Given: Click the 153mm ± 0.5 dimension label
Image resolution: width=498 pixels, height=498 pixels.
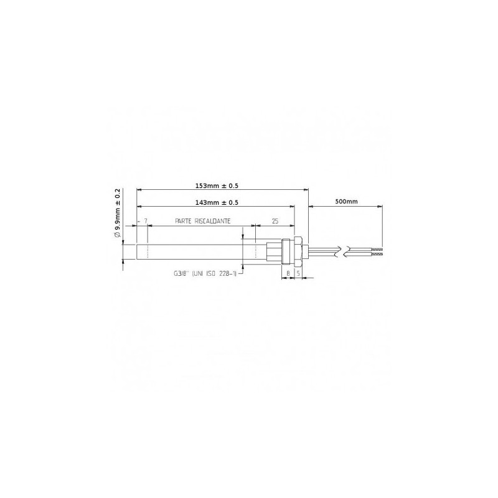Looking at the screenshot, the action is (x=217, y=186).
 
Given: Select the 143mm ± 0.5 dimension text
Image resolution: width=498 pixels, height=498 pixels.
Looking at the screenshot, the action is (x=217, y=203).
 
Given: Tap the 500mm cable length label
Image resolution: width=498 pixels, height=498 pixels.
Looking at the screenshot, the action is (x=346, y=201).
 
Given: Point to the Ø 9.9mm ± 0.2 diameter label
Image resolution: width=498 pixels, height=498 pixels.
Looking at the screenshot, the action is (x=117, y=213).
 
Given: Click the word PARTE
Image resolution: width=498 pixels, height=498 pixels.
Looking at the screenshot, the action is (x=183, y=221).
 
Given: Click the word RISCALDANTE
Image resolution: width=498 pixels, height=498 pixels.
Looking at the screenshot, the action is (x=212, y=221).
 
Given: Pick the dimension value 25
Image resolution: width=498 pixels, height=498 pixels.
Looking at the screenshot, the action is (x=275, y=221).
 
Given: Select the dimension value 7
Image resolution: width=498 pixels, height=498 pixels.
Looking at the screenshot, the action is (x=146, y=221).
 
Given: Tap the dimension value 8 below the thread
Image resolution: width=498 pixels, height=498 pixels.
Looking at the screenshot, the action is (x=288, y=273).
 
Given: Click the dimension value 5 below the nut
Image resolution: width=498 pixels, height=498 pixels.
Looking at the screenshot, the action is (x=298, y=273).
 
